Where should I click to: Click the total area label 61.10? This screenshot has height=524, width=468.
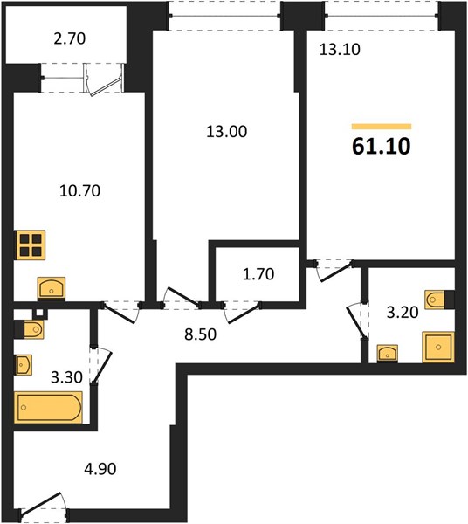pyautogui.click(x=382, y=147)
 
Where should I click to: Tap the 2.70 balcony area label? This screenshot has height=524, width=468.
pyautogui.click(x=70, y=38)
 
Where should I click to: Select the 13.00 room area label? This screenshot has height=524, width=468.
pyautogui.click(x=227, y=131)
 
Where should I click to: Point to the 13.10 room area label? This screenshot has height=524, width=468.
pyautogui.click(x=340, y=50)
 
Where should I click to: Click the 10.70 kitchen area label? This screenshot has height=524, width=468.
pyautogui.click(x=79, y=190)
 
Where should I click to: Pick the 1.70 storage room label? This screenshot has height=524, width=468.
pyautogui.click(x=258, y=274)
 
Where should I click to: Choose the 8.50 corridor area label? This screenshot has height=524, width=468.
pyautogui.click(x=201, y=334)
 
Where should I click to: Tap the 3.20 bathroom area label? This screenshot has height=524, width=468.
pyautogui.click(x=403, y=313)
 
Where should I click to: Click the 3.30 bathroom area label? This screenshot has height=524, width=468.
pyautogui.click(x=66, y=377)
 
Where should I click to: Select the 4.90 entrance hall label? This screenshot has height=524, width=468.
pyautogui.click(x=100, y=469)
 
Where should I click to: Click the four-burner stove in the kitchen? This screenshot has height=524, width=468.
pyautogui.click(x=30, y=245)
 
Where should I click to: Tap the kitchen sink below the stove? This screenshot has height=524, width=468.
pyautogui.click(x=52, y=287)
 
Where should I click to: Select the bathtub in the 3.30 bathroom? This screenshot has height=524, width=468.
pyautogui.click(x=48, y=407)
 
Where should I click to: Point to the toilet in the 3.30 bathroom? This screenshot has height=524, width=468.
pyautogui.click(x=30, y=330)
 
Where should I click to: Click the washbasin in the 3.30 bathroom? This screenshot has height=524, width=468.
pyautogui.click(x=23, y=364)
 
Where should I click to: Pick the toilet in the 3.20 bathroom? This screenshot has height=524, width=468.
pyautogui.click(x=439, y=300)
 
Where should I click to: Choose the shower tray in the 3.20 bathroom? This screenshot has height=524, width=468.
pyautogui.click(x=438, y=347)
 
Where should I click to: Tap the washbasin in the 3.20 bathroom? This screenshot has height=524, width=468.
pyautogui.click(x=388, y=353)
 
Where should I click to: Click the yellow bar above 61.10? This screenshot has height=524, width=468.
pyautogui.click(x=382, y=127)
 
